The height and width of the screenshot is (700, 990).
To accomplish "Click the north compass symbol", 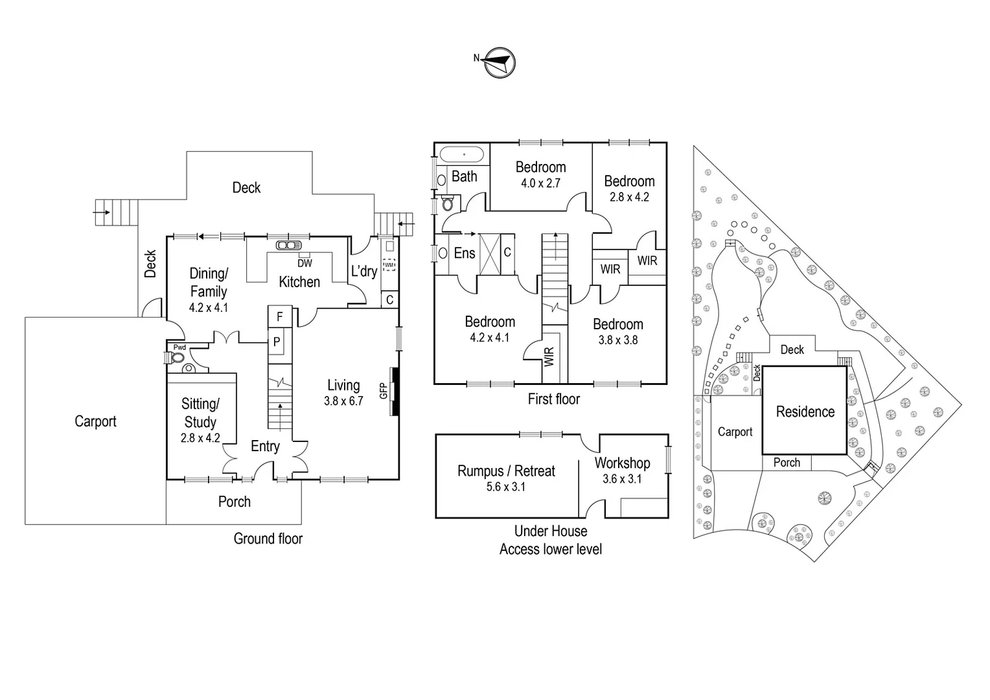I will coord(499,62).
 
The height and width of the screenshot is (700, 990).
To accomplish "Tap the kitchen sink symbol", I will coord(285,245).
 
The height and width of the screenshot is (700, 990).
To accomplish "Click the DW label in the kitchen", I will coord(305,263).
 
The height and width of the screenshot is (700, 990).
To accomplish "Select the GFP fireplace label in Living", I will coord(384,391).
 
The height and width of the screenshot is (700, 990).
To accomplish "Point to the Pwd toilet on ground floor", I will coord(177,357).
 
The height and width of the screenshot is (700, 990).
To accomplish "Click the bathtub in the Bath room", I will coord(463,155).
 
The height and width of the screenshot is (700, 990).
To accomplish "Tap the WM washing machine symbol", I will coord(389,264).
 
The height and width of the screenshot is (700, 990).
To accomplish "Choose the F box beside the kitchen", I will coord(280,317).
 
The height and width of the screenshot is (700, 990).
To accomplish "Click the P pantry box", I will coord(277,342).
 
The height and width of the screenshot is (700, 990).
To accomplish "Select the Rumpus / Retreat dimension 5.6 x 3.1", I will coord(506,487).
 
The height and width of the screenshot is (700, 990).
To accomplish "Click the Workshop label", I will coord(622,463).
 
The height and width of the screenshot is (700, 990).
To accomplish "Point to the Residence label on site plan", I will coord(805,412).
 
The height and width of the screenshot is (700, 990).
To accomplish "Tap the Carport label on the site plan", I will coord(735,432).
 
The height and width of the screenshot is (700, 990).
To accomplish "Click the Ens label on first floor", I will coord(464,253).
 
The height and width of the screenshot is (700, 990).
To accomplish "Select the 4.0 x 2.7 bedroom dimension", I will coord(540,183).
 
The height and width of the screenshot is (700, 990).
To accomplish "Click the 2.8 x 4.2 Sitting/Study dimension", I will coord(200,438).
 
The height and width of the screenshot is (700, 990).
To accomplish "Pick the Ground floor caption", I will coord(268,539).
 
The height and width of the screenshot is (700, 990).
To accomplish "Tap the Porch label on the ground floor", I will coord(234,502).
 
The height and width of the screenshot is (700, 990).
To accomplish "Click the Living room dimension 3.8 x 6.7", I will coord(343,401).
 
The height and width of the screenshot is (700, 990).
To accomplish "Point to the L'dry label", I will coord(363,271).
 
